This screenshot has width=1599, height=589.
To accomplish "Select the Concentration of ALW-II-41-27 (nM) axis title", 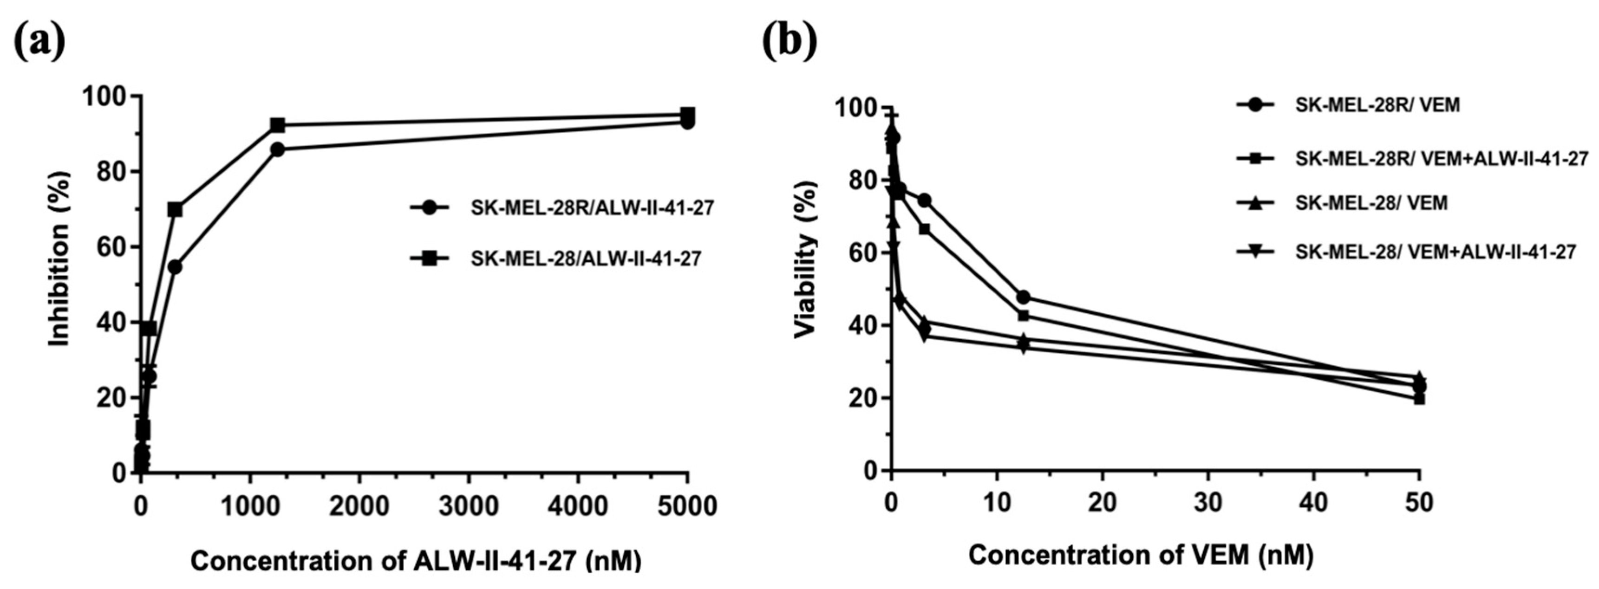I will [415, 561].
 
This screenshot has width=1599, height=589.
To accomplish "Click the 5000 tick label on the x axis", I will [686, 506].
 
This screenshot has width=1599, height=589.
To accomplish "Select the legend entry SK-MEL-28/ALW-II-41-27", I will [585, 258].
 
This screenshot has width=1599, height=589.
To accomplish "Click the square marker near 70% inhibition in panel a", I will [175, 210].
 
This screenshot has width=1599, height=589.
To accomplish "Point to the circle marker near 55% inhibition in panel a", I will [175, 267].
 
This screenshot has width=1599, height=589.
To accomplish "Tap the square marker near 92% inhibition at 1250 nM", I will [277, 125].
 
